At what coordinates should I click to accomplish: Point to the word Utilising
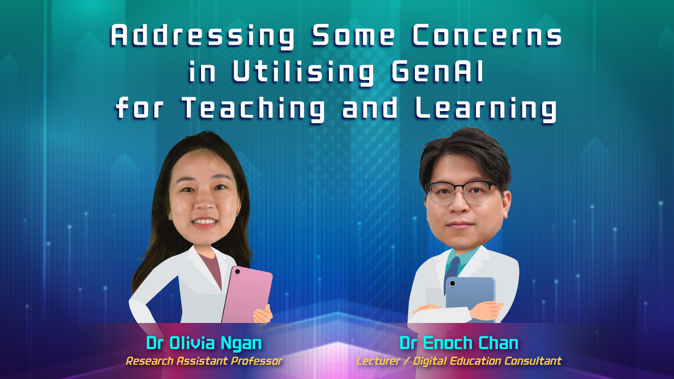(x=303, y=73)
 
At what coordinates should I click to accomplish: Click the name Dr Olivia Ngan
(x=204, y=343)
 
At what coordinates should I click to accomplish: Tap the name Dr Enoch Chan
(x=459, y=343)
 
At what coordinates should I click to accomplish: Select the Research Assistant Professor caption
(x=204, y=361)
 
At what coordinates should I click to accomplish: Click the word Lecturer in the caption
(x=378, y=361)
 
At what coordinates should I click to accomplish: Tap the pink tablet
(x=247, y=295)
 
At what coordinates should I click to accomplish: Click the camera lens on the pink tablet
(x=237, y=272)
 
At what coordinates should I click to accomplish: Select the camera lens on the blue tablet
(x=452, y=283)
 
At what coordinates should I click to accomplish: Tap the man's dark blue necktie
(x=452, y=270)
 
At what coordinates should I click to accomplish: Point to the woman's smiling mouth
(x=204, y=222)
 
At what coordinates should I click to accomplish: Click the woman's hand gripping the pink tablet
(x=263, y=314)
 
